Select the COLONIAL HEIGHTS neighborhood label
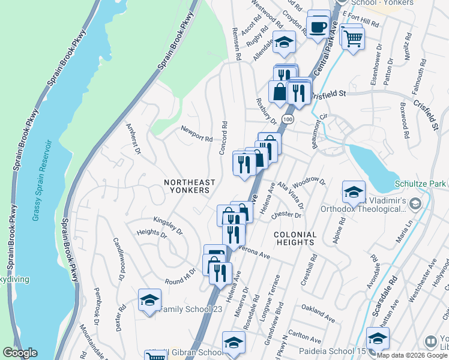point(294,238)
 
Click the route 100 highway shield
point(288,120)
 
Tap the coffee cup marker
point(318,26)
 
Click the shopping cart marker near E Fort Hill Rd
point(354,38)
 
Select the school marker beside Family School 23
point(149,300)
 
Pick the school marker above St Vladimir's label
point(354,191)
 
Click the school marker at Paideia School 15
point(378,338)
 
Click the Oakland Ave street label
point(318,312)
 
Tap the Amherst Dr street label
point(133,139)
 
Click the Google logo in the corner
point(20,353)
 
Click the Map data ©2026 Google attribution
point(411,355)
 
